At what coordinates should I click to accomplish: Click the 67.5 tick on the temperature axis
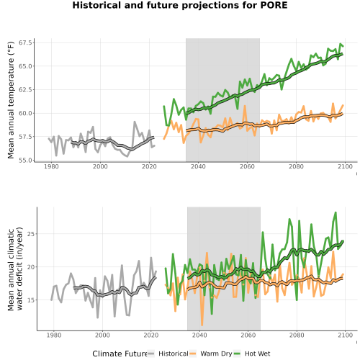point(25,42)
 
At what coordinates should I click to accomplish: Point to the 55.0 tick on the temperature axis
point(25,160)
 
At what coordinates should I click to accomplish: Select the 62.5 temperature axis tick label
point(25,89)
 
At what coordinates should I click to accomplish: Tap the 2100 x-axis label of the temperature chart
point(345,166)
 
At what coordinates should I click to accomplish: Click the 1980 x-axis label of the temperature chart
point(51,166)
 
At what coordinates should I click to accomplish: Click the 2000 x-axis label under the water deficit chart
point(102,335)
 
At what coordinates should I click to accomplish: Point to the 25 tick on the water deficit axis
point(31,234)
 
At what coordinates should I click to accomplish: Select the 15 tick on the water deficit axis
point(31,300)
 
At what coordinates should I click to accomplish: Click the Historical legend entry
point(174,354)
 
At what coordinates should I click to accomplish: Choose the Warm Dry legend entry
point(216,354)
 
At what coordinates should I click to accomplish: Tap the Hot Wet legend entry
point(257,354)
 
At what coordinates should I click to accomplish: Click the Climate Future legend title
point(120,354)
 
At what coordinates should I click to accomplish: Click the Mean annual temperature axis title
point(11,100)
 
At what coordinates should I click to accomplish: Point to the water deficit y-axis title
point(15,269)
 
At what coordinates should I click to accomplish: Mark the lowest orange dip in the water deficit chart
point(202,325)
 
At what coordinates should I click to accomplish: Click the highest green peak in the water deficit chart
point(336,212)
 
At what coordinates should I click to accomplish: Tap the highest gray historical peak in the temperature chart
point(135,122)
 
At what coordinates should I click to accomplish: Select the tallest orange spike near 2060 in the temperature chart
point(245,106)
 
